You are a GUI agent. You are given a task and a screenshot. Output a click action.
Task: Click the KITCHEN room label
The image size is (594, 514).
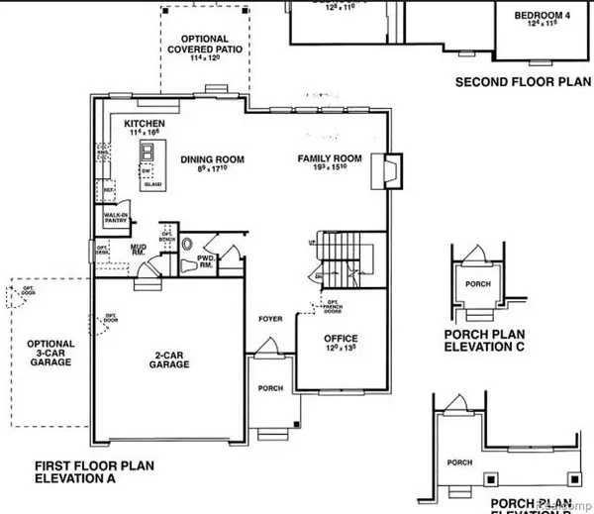(145, 125)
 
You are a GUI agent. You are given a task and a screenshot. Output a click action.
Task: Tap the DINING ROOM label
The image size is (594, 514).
(211, 159)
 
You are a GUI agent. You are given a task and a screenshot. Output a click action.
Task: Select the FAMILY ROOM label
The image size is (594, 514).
(331, 159)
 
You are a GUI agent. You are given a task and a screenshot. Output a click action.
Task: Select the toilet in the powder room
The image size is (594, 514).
(188, 265)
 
